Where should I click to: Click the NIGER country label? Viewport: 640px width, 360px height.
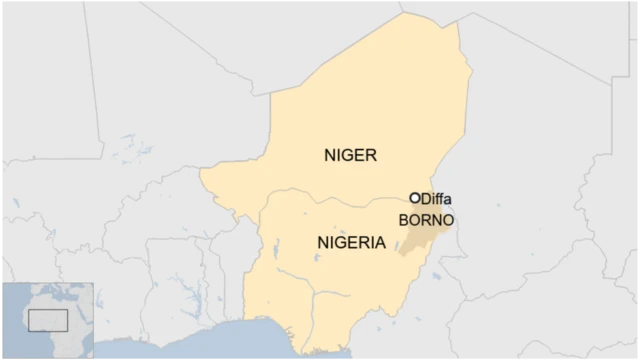350,155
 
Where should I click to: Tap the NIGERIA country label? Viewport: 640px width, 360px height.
351,242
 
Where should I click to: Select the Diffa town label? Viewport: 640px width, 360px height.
436,199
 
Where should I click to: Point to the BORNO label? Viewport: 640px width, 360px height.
426,220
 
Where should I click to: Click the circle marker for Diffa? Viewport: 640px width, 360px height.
415,198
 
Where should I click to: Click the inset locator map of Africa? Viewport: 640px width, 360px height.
47,321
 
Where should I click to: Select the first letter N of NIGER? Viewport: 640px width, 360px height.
330,155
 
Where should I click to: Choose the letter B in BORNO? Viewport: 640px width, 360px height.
403,220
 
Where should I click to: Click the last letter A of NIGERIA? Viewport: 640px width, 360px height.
380,242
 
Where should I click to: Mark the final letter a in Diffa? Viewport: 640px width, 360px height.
447,200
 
